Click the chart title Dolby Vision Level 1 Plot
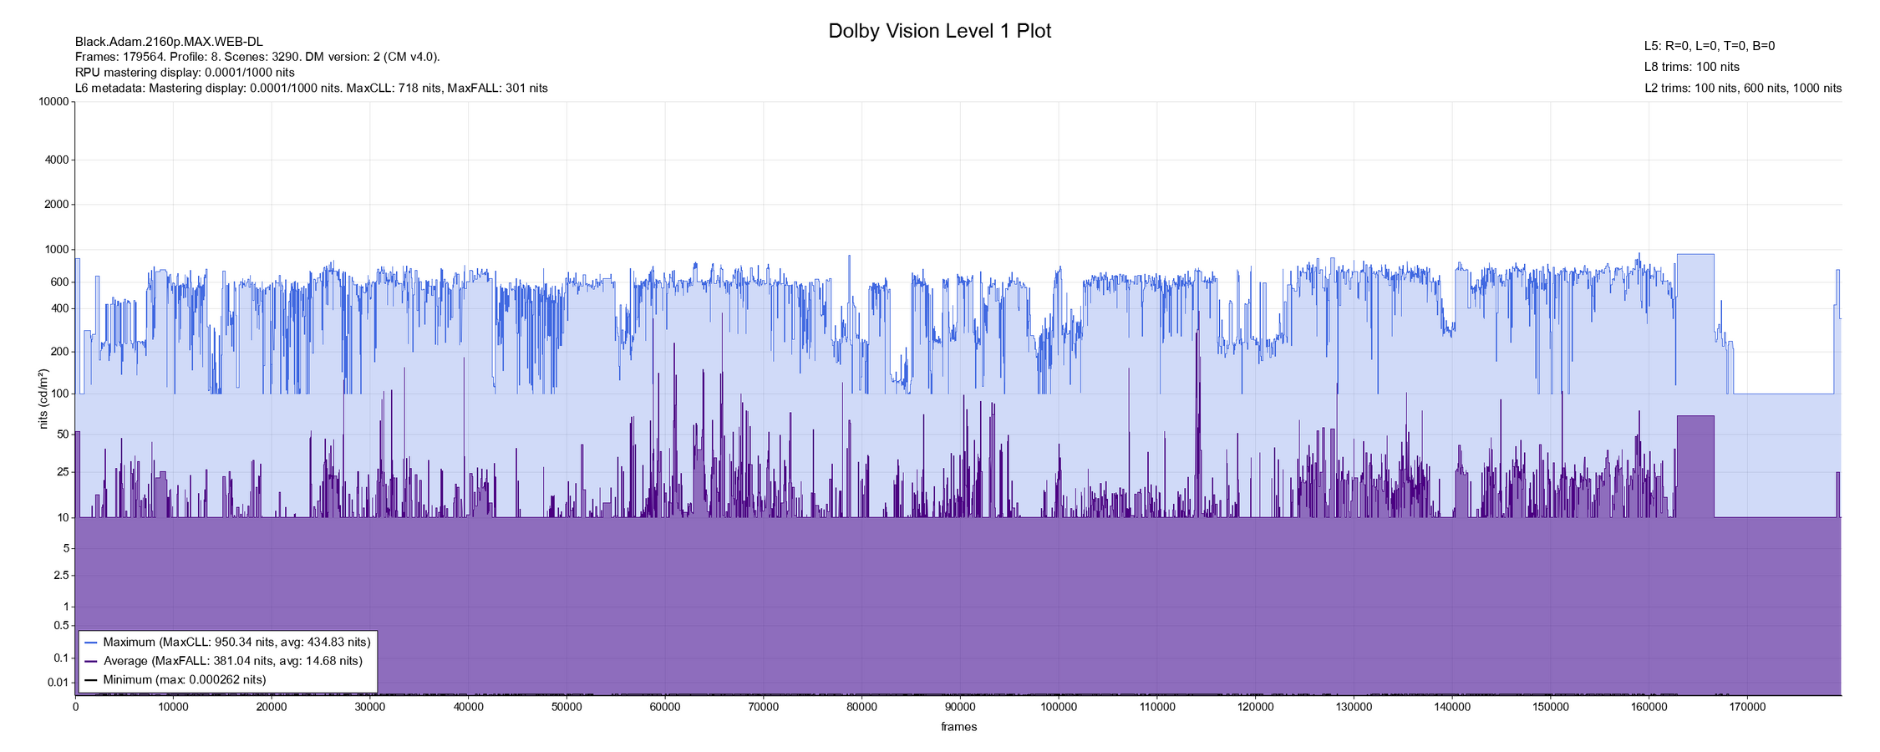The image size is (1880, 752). pyautogui.click(x=939, y=32)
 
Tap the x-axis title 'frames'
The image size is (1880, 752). pyautogui.click(x=958, y=727)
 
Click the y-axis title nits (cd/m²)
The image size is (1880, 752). pyautogui.click(x=43, y=399)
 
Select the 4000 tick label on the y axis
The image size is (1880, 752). pyautogui.click(x=58, y=160)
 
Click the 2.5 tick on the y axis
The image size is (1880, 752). pyautogui.click(x=61, y=576)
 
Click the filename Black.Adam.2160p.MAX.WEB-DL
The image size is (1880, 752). pyautogui.click(x=169, y=42)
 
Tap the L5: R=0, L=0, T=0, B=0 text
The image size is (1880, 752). pyautogui.click(x=1709, y=46)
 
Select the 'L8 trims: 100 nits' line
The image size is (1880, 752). pyautogui.click(x=1691, y=67)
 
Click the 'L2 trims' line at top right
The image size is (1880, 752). pyautogui.click(x=1742, y=88)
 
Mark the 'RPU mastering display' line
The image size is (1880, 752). pyautogui.click(x=185, y=72)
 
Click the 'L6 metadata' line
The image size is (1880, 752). pyautogui.click(x=311, y=88)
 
